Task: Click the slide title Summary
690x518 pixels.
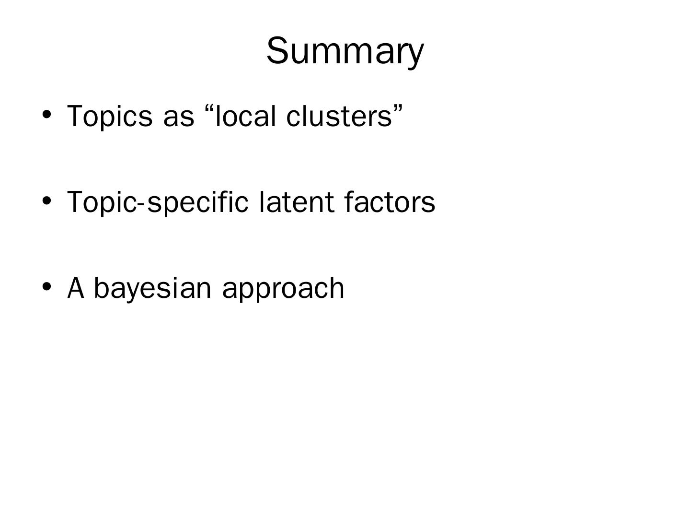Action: point(345,51)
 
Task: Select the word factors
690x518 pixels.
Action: point(390,202)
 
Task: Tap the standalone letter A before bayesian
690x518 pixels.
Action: point(76,288)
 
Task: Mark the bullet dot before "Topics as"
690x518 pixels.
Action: point(46,115)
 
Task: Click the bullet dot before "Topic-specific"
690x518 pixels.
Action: point(46,200)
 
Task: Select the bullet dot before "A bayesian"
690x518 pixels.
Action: point(46,286)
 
